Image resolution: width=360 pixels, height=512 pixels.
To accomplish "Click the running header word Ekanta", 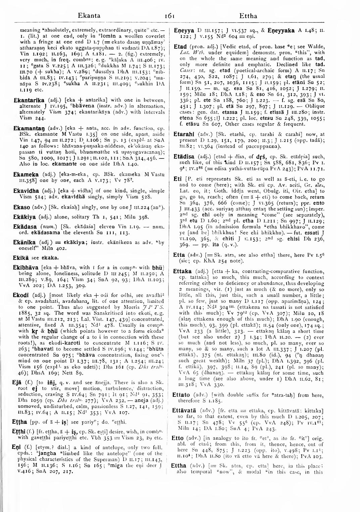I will coord(89,15).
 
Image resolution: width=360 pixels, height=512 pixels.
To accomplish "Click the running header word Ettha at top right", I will coord(248,16).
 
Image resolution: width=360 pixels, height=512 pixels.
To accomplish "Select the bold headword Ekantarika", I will coord(29,100).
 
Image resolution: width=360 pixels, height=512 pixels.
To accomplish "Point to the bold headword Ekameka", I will coord(27,174).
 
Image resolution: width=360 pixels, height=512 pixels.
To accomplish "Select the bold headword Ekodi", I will coord(22,295).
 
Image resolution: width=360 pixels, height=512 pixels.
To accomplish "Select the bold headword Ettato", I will coord(181,395).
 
